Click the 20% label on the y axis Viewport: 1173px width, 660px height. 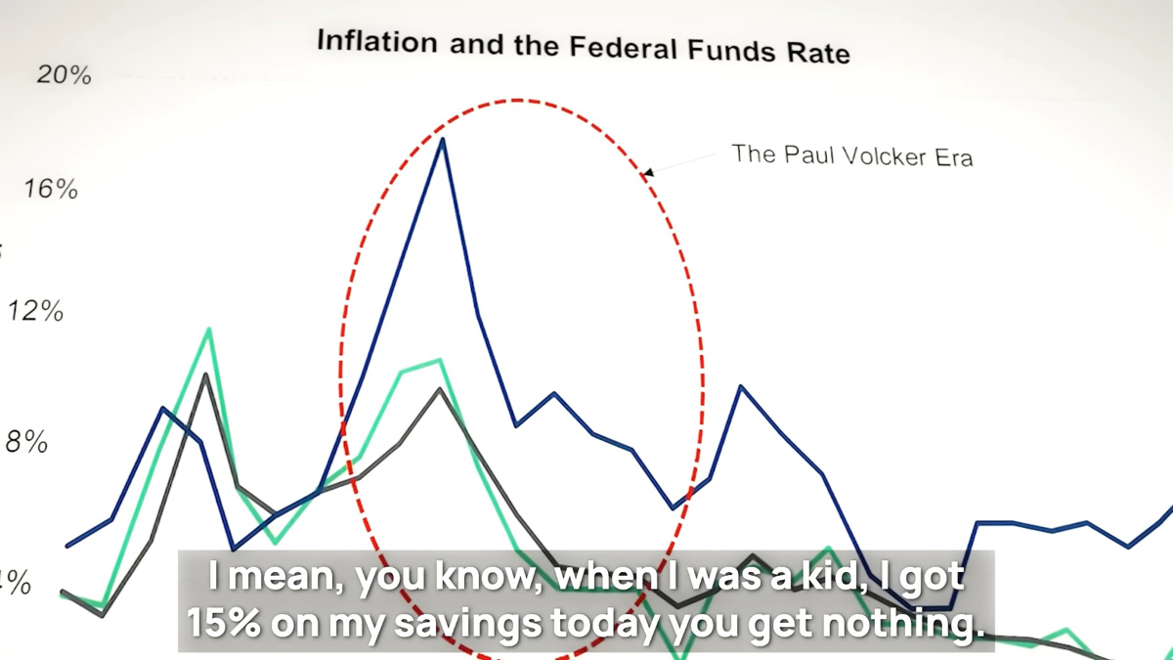pos(64,75)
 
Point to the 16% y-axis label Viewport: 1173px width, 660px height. pos(51,188)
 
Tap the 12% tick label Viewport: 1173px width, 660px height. pos(35,311)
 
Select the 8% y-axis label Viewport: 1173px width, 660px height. pos(26,442)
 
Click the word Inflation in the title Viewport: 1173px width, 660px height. pos(377,41)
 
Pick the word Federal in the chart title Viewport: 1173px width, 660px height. pos(625,48)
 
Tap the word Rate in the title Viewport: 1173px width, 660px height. pos(818,54)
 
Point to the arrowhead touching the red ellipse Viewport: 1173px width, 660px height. pos(648,172)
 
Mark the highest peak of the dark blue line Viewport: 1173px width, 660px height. pos(443,139)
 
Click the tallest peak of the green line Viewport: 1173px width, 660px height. pos(209,329)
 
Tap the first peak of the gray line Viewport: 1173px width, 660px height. pos(205,374)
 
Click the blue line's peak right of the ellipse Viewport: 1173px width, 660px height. pos(740,386)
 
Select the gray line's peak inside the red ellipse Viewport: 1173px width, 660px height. pos(440,389)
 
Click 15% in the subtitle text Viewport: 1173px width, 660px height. pos(224,624)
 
